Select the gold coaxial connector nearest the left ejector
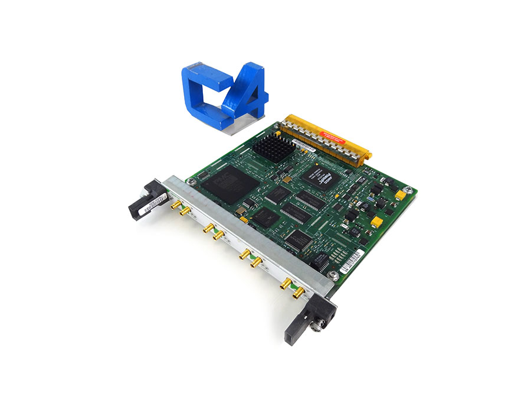pos(175,205)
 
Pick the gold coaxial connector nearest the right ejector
pos(299,291)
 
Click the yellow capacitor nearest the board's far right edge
pos(401,193)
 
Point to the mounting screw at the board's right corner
pos(335,275)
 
